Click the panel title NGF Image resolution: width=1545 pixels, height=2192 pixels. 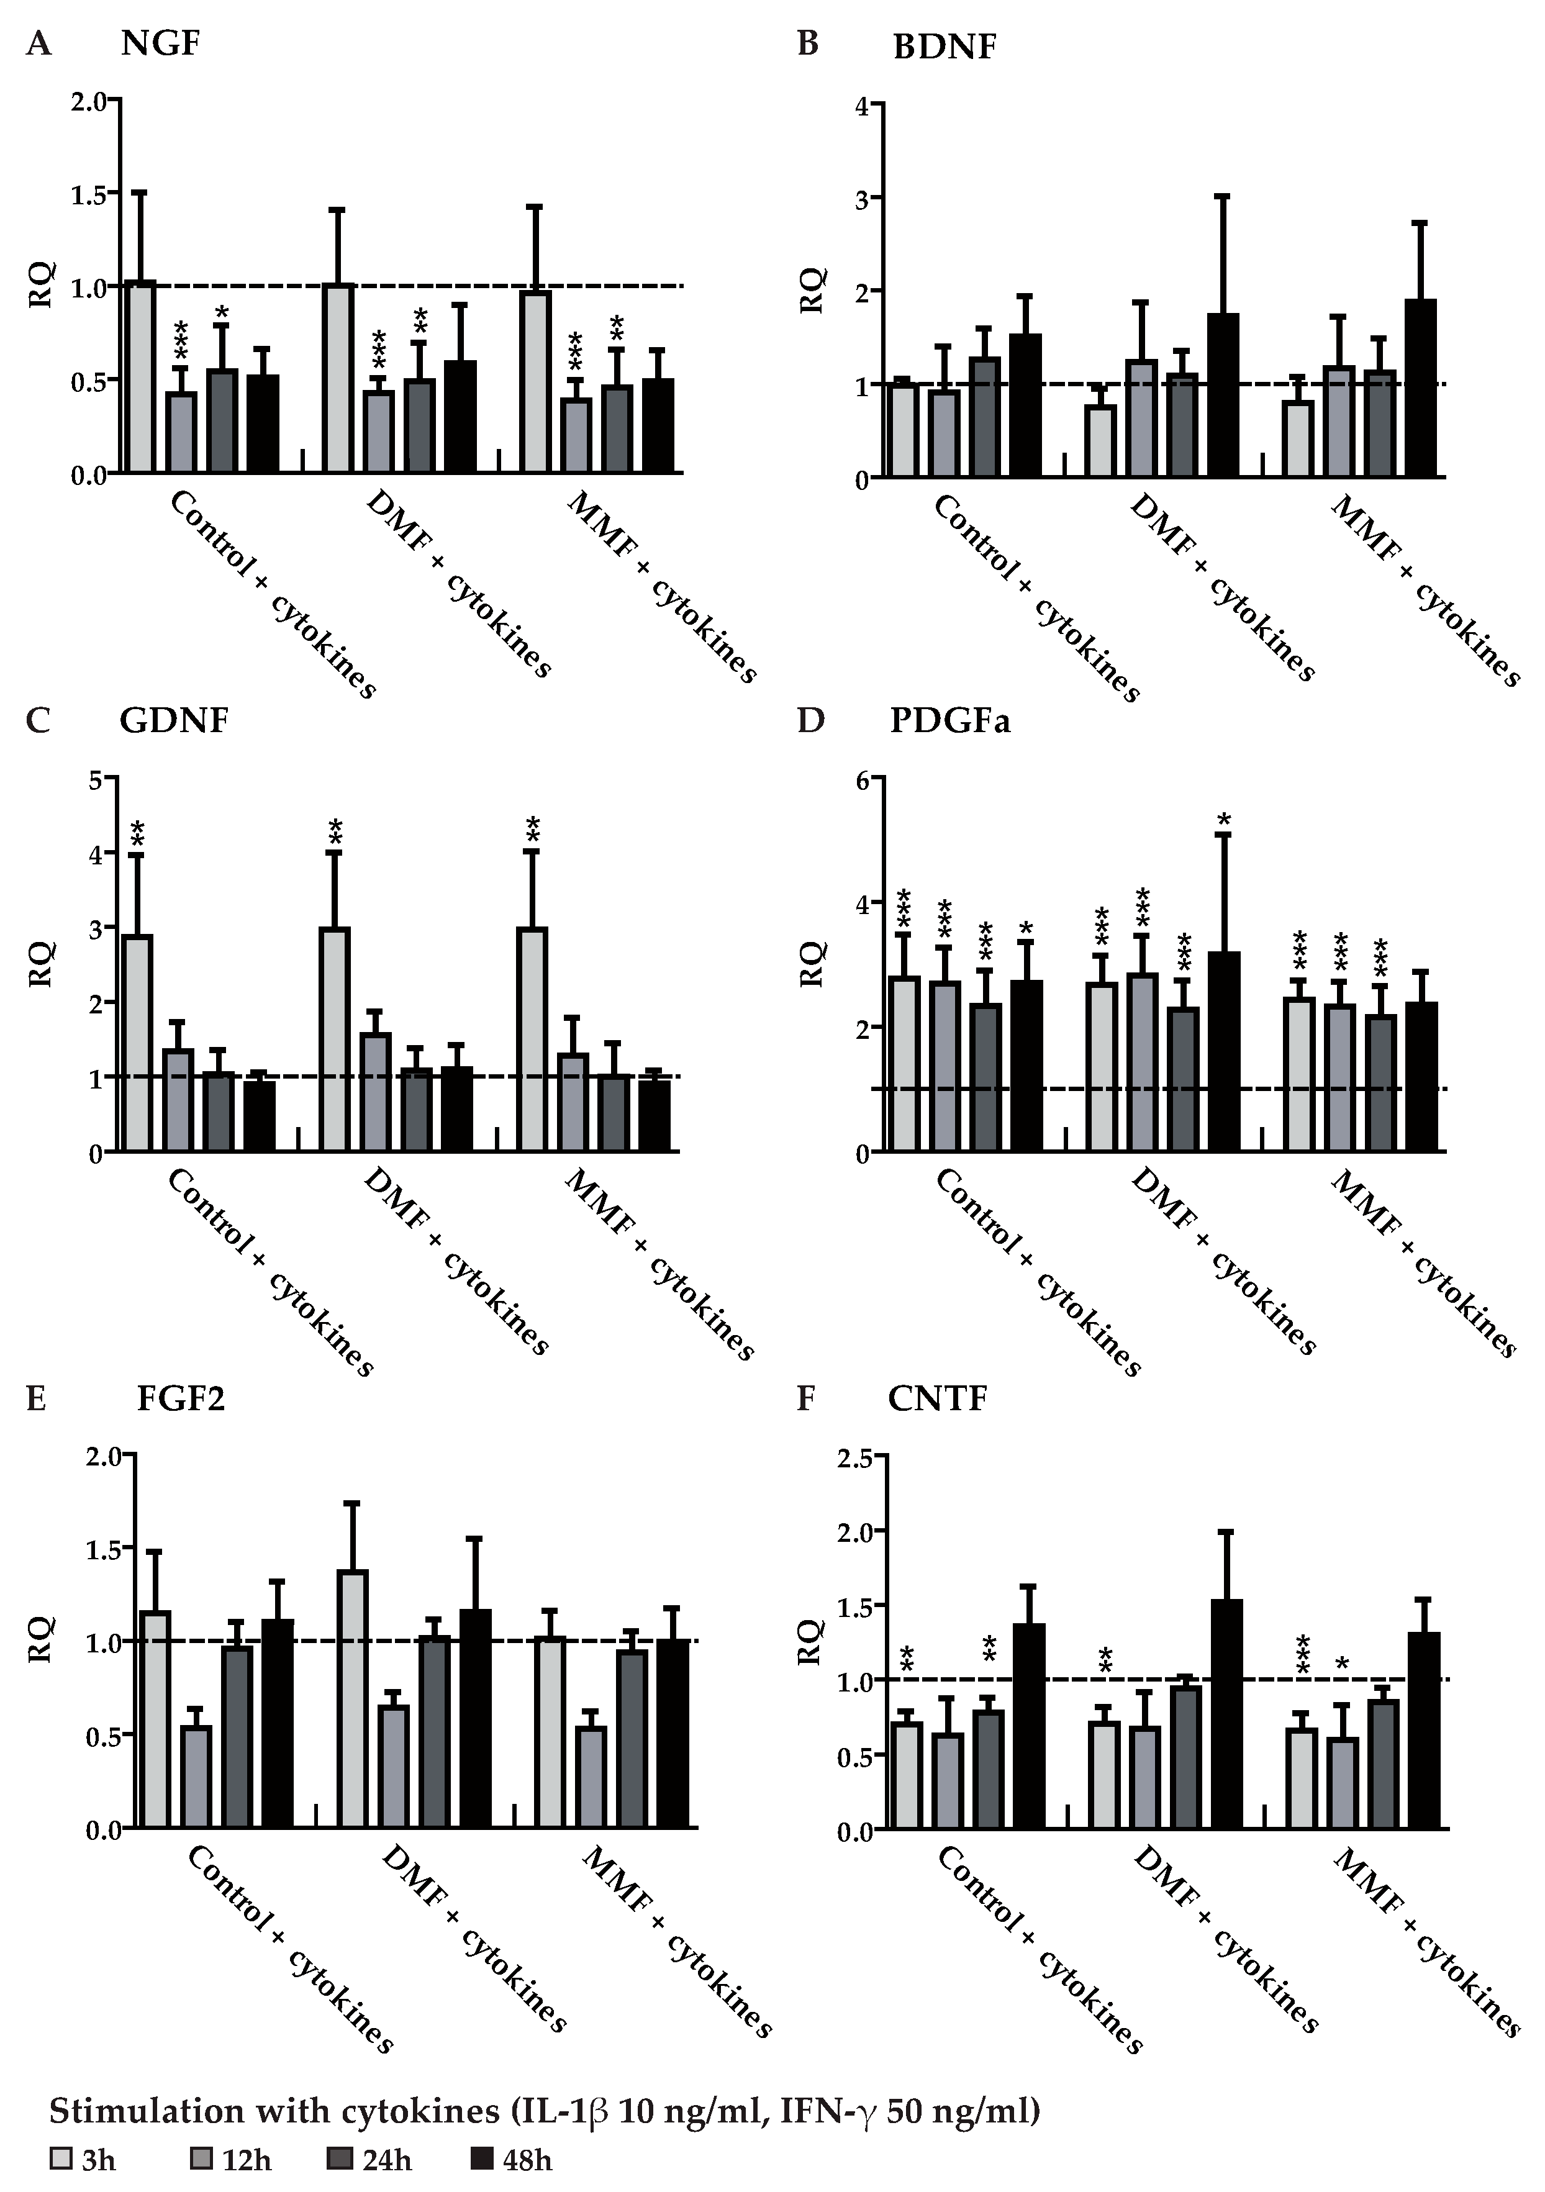(x=160, y=44)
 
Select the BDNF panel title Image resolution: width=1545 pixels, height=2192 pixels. (x=943, y=46)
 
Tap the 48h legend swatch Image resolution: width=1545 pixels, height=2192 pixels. (x=485, y=2158)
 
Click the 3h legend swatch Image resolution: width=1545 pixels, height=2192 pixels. (x=60, y=2158)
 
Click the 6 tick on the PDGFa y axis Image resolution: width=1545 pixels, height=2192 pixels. (x=863, y=779)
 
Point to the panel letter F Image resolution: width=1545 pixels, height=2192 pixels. (x=806, y=1398)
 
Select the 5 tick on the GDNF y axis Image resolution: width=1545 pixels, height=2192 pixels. (x=96, y=779)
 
